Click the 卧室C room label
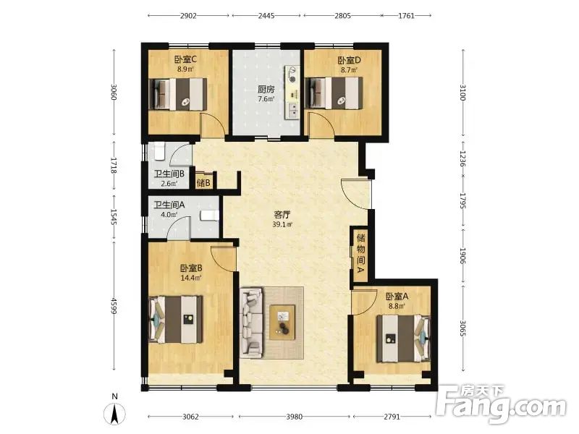click(x=185, y=59)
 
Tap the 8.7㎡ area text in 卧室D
click(x=350, y=69)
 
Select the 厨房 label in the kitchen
click(x=266, y=89)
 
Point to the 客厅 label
click(x=282, y=215)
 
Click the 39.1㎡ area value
click(x=282, y=224)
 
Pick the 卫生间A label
click(x=169, y=205)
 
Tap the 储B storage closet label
click(x=203, y=182)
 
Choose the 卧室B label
click(x=191, y=268)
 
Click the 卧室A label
click(x=397, y=297)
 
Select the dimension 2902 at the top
click(x=188, y=16)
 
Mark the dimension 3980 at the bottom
click(x=295, y=417)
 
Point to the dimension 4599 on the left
click(x=114, y=306)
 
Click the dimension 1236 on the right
click(x=463, y=158)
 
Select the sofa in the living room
click(x=251, y=323)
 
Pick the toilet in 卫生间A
click(x=209, y=216)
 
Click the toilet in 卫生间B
click(x=159, y=152)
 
